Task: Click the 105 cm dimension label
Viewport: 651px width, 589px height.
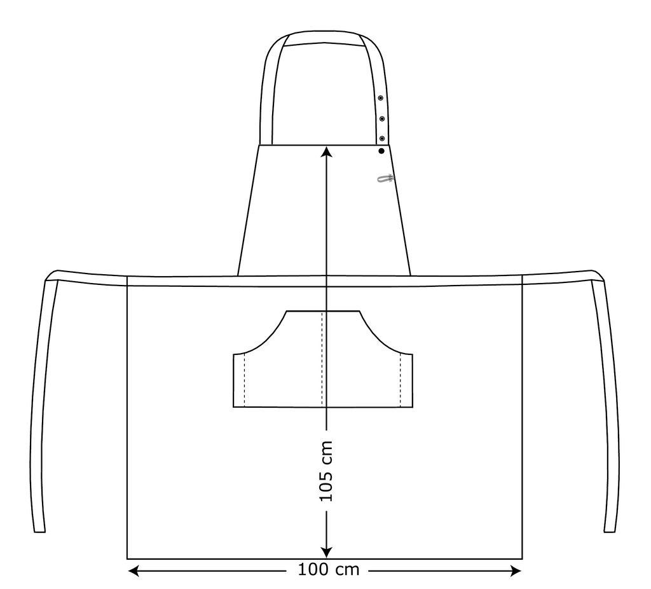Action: tap(326, 471)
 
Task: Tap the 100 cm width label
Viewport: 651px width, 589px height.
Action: tap(329, 569)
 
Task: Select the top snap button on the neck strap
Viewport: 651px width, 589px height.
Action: tap(380, 98)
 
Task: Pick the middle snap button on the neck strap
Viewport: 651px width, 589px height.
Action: tap(381, 119)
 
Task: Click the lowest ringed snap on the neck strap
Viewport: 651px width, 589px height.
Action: tap(382, 138)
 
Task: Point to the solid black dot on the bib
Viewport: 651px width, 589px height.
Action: tap(381, 151)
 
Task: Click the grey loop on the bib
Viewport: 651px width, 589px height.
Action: tap(385, 179)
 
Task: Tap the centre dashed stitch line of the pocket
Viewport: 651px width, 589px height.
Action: tap(322, 359)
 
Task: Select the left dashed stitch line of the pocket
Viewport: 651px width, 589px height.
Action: tap(244, 380)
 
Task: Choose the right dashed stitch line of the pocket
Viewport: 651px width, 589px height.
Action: tap(401, 380)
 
